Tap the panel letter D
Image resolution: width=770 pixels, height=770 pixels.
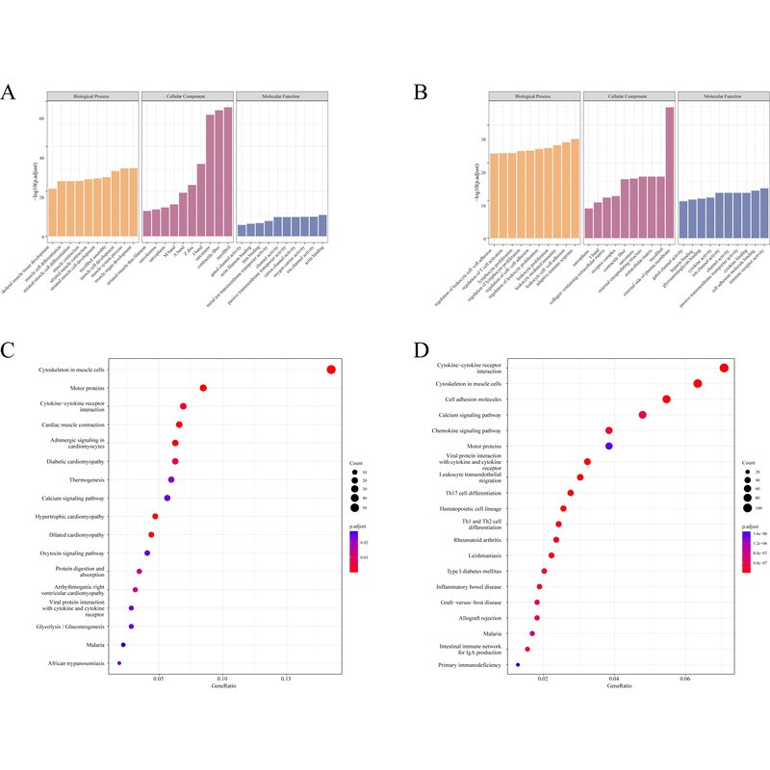[x=420, y=346]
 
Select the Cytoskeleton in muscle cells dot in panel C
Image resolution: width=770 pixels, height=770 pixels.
[x=330, y=370]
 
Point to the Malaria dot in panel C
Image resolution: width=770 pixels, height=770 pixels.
[x=123, y=645]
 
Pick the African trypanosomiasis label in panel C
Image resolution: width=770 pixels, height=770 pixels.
[x=76, y=663]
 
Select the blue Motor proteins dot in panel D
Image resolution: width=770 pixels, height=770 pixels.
[x=608, y=446]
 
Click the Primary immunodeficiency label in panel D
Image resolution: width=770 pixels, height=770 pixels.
[x=470, y=665]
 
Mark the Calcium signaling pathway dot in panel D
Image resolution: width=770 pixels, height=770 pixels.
[x=642, y=415]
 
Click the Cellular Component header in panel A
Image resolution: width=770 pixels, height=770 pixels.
[x=188, y=96]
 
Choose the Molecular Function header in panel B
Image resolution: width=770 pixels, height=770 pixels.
[x=723, y=96]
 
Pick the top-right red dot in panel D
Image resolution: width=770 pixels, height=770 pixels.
[x=724, y=368]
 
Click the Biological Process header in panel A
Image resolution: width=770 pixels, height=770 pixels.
[x=92, y=96]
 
